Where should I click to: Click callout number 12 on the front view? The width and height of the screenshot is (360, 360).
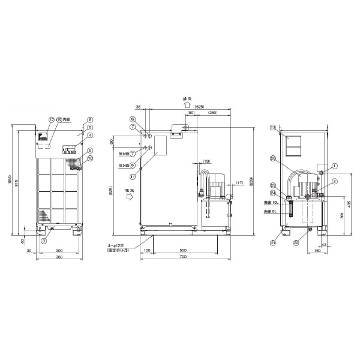(52, 120)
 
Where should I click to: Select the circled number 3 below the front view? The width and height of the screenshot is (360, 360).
(44, 241)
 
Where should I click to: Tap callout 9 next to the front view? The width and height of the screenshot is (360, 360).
(89, 151)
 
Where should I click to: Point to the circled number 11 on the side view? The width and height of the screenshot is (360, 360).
(133, 176)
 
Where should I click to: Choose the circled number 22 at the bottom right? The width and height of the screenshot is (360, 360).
(296, 242)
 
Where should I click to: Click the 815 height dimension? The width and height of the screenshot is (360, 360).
(17, 182)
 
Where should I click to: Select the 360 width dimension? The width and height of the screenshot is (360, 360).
(59, 257)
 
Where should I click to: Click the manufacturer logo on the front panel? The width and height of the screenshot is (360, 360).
(43, 137)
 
